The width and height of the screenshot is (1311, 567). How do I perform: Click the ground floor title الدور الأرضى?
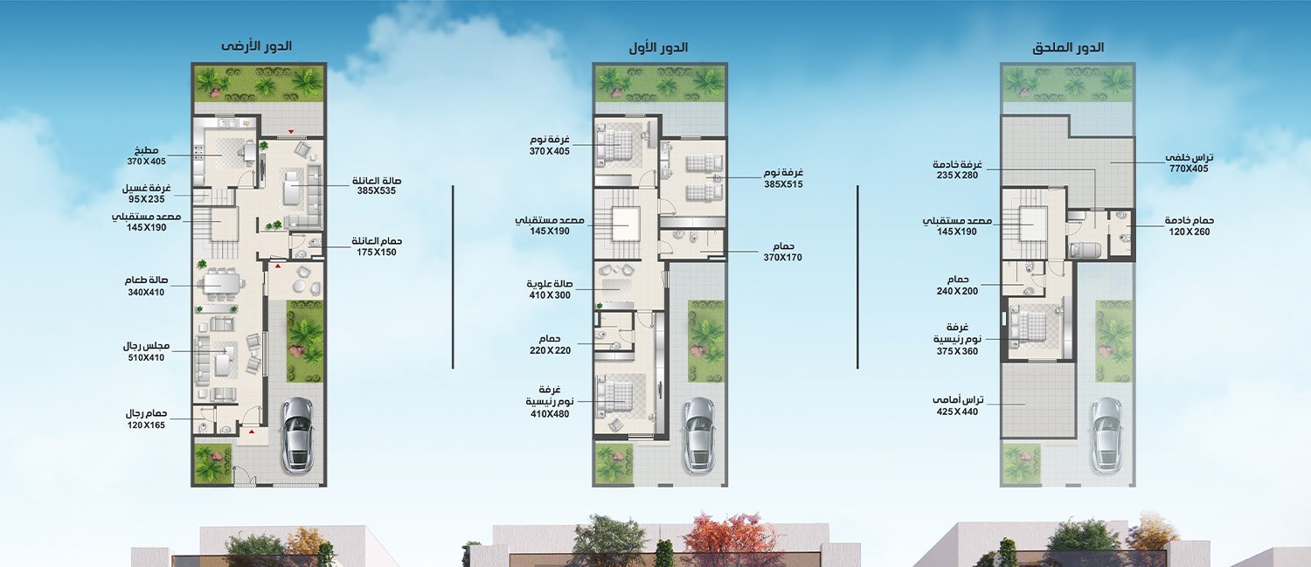[x=256, y=46]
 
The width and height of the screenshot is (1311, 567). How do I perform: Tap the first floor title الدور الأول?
[x=658, y=47]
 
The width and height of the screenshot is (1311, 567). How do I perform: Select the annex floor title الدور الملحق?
[x=1068, y=47]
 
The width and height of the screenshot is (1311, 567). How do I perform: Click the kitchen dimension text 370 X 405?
[x=146, y=162]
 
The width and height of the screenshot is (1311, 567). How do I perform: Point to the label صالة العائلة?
[x=377, y=180]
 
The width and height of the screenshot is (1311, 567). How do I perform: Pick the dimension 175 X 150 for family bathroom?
[x=377, y=252]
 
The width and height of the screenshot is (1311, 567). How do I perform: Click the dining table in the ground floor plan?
[x=220, y=284]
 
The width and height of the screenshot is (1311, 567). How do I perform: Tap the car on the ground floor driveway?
[x=298, y=434]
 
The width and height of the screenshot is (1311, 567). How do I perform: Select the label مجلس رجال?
[x=146, y=346]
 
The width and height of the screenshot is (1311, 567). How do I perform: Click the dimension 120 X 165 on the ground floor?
[x=146, y=425]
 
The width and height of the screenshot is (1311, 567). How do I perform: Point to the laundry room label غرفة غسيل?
[x=146, y=189]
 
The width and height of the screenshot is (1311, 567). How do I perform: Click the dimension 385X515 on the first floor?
[x=783, y=184]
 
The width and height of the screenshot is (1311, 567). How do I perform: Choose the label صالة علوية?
[x=550, y=284]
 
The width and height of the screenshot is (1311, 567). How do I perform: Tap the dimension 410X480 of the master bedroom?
[x=550, y=414]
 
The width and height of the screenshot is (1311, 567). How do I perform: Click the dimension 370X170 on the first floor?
[x=782, y=258]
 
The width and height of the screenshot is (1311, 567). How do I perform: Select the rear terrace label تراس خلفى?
[x=1189, y=157]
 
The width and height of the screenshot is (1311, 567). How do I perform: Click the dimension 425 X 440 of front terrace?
[x=957, y=411]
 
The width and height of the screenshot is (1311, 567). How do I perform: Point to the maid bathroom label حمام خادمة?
[x=1189, y=221]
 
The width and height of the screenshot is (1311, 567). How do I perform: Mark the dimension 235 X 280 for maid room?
[x=957, y=175]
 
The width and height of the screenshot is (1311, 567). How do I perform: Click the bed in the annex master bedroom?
[x=1032, y=328]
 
